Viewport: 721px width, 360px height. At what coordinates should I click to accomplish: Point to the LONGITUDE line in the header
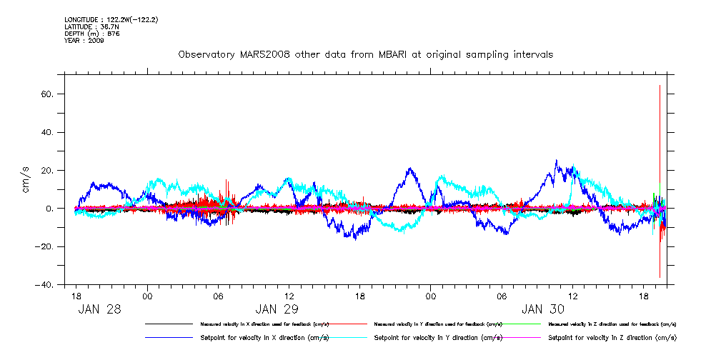coord(111,19)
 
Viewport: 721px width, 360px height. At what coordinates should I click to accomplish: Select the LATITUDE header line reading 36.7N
coord(91,26)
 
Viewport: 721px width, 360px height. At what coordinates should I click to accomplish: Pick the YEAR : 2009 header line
coord(84,41)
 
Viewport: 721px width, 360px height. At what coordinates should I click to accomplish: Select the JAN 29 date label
coord(277,309)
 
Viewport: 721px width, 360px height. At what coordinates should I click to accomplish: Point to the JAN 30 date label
coord(543,309)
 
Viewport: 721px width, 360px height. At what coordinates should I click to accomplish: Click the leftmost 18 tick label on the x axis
coord(76,296)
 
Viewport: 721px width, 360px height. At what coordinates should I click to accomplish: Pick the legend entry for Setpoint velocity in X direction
coord(264,337)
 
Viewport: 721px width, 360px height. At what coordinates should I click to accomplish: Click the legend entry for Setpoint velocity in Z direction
coord(612,337)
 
